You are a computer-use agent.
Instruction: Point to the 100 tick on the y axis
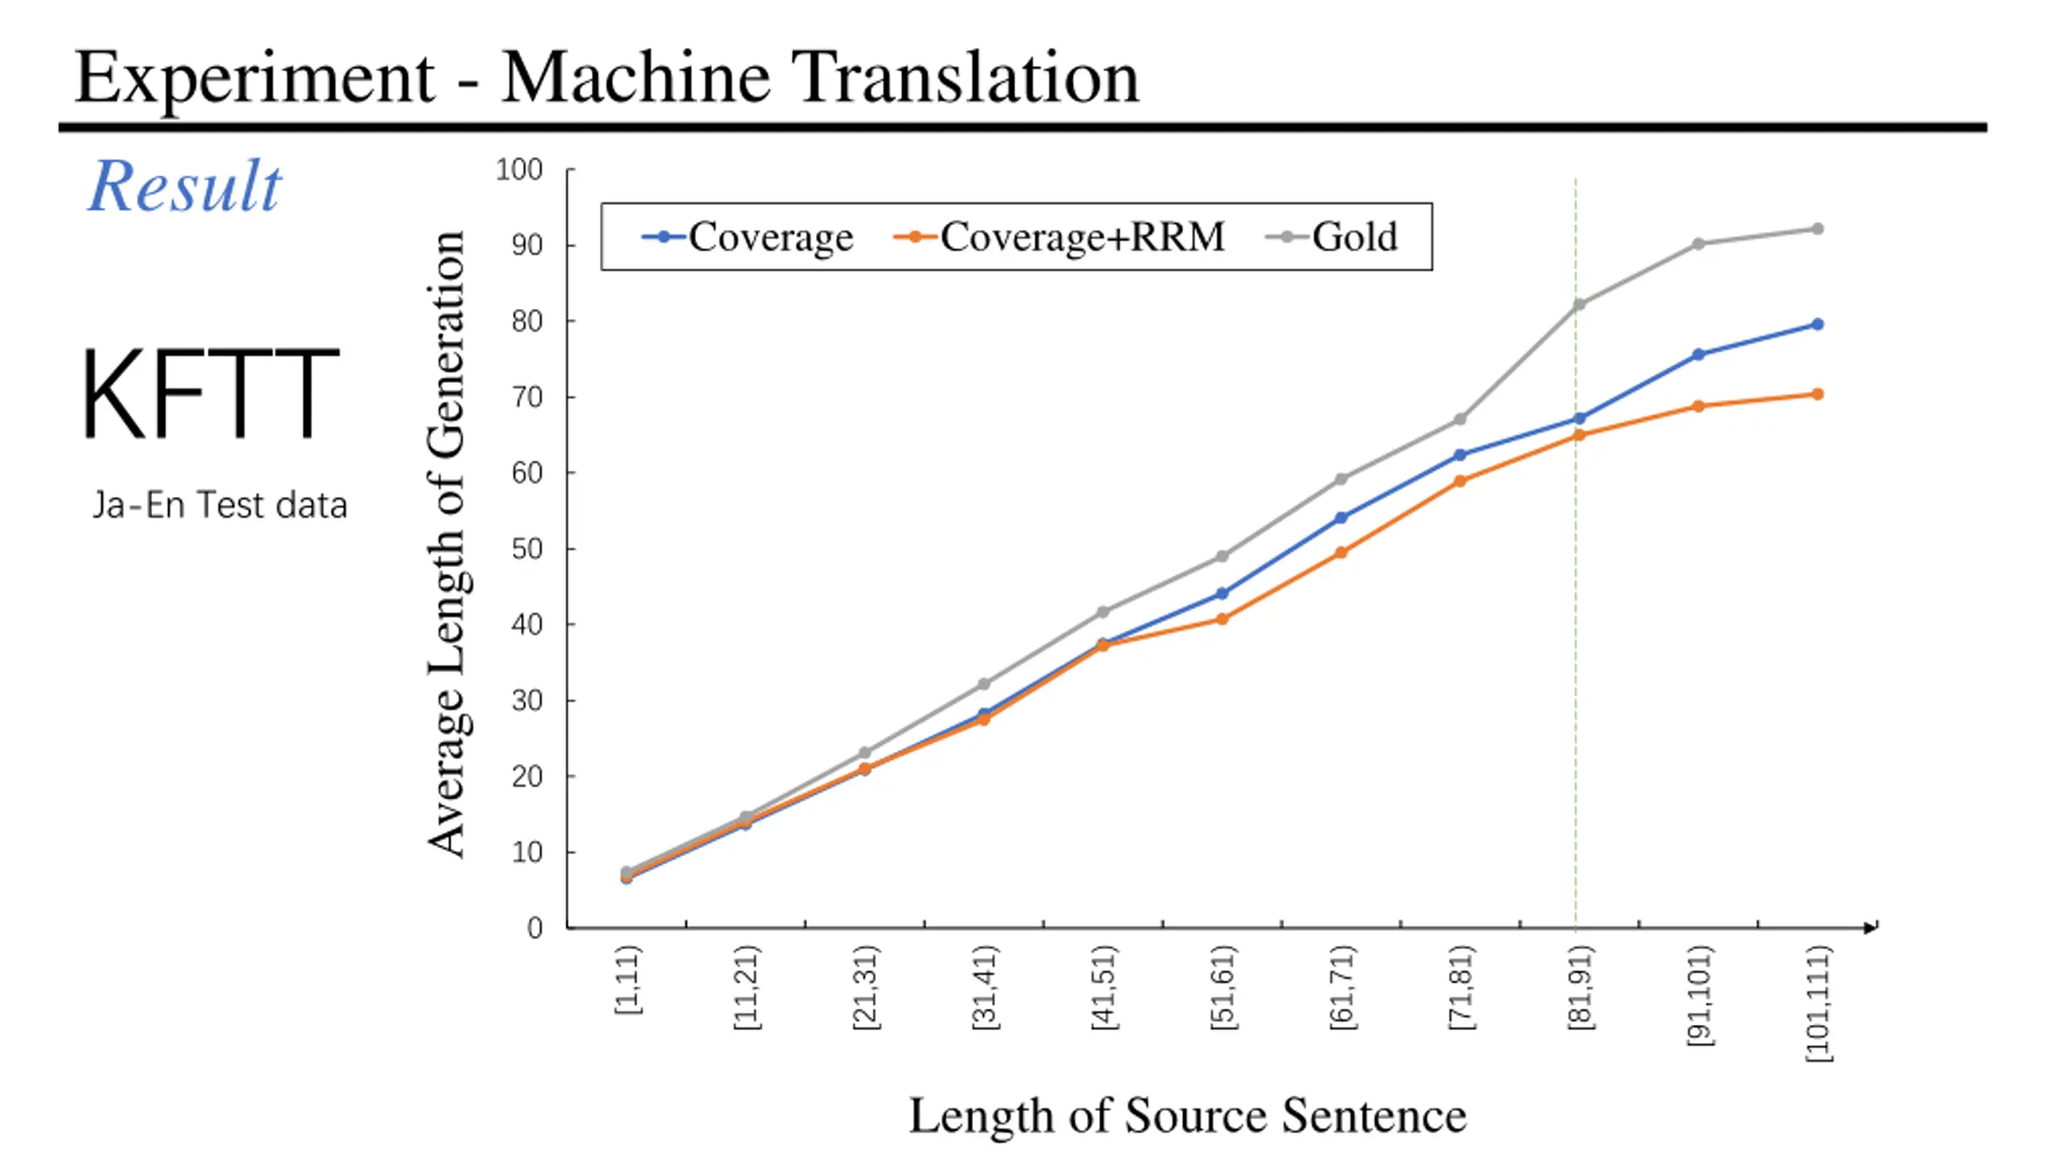[x=519, y=170]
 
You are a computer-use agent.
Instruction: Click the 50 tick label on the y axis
[x=526, y=549]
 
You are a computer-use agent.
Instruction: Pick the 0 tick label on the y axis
[x=534, y=928]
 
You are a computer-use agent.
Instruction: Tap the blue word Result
[x=184, y=186]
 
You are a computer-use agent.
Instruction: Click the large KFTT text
[x=209, y=394]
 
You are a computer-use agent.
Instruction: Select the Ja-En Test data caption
[x=219, y=505]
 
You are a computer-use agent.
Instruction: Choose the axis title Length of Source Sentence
[x=1187, y=1116]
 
